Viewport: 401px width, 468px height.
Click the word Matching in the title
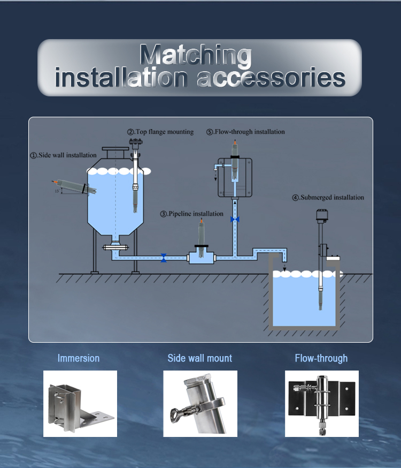[196, 55]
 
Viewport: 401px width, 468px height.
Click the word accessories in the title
[271, 77]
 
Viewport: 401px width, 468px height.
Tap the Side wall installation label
[64, 155]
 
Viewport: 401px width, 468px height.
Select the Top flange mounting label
[160, 132]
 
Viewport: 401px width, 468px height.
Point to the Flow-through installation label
[245, 132]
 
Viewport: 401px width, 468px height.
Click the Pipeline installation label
[192, 214]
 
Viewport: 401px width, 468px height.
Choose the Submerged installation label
[328, 198]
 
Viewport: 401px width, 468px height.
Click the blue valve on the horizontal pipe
[164, 258]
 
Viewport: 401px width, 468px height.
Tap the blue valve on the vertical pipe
[235, 220]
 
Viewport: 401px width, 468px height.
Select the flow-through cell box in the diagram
[235, 178]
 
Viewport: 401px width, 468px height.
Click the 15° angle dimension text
[57, 191]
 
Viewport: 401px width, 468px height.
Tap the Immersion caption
[79, 358]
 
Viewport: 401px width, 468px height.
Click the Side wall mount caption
[199, 358]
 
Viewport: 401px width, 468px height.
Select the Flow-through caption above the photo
[321, 358]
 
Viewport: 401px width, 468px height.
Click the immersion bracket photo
[80, 404]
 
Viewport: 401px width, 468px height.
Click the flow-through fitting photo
[322, 404]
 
